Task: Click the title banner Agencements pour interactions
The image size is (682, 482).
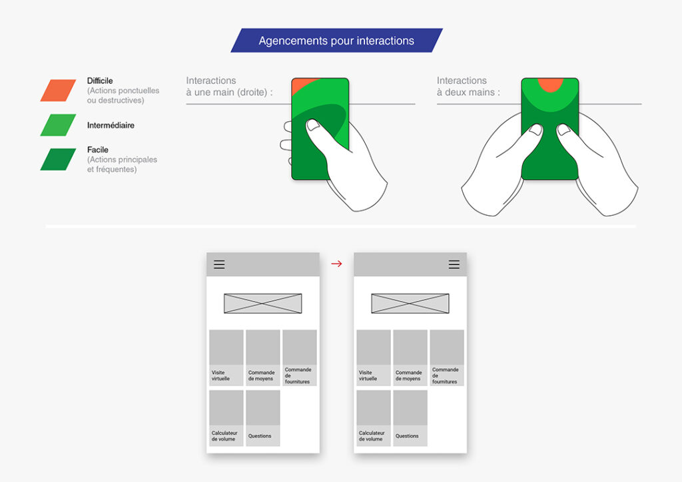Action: coord(336,41)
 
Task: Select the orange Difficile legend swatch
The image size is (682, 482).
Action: coord(58,91)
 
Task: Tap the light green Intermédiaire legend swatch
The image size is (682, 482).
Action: coord(58,125)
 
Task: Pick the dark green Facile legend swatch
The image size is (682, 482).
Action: coord(58,159)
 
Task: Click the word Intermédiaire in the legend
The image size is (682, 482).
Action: coord(111,125)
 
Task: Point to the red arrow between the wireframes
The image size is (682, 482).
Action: coord(336,264)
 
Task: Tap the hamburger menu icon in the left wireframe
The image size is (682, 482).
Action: coord(219,264)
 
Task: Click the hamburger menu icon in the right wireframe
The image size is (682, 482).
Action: coord(454,264)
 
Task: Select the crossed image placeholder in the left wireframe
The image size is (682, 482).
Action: coord(263,304)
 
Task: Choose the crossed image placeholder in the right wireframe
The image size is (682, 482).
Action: coord(410,304)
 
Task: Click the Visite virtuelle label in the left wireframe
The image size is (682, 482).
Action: coord(220,375)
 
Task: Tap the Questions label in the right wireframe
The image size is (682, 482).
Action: coord(407,436)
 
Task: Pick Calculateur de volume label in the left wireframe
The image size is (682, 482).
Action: coord(224,436)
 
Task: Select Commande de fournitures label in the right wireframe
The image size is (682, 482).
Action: coord(446,375)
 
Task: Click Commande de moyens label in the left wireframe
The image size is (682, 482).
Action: coord(262,375)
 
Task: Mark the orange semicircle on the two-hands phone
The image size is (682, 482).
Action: coord(550,84)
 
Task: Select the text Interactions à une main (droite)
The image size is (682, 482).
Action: coord(229,87)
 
